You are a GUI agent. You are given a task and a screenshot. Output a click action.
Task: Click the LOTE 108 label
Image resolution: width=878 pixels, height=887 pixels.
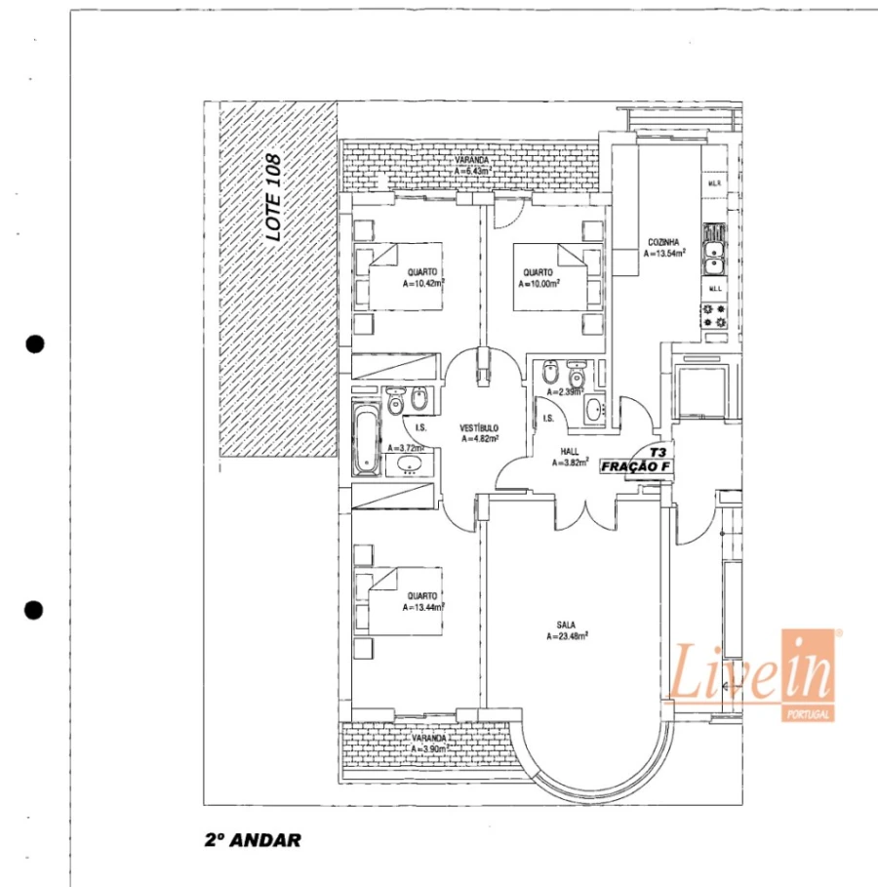275,198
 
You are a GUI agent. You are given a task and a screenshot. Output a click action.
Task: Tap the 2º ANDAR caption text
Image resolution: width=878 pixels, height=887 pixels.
251,838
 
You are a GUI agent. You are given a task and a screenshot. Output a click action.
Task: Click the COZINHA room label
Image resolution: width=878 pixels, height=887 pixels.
664,242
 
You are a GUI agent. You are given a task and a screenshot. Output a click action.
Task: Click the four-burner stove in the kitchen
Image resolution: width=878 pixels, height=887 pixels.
714,314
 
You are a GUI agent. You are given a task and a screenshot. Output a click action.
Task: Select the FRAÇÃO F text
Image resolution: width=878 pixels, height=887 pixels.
636,466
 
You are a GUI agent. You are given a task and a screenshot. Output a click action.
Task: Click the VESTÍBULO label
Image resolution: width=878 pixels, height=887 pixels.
480,428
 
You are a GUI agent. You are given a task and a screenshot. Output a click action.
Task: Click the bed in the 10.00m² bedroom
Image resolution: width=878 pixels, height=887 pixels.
552,277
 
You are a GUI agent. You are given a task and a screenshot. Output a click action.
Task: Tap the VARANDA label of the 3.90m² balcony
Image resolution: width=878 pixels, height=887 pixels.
428,739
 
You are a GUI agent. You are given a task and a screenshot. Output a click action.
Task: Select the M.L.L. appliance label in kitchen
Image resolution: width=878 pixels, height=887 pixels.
714,289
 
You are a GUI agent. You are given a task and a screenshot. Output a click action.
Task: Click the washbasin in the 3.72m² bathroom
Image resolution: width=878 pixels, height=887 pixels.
409,464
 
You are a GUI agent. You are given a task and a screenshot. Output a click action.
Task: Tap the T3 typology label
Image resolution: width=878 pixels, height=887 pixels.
658,453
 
